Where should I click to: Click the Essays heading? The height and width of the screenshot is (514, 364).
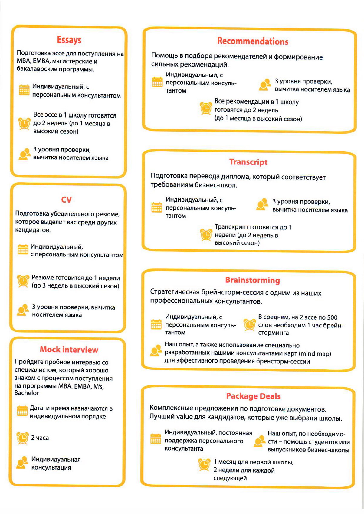[69, 40]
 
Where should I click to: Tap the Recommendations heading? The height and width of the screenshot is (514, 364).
[253, 41]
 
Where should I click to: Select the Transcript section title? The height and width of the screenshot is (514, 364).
[248, 162]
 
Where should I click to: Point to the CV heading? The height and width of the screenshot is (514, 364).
[67, 200]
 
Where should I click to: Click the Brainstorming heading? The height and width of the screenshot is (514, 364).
[252, 280]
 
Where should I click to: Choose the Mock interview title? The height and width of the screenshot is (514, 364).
[69, 350]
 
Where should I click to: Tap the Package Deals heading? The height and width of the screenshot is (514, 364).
[253, 396]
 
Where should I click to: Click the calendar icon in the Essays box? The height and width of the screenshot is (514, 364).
[24, 90]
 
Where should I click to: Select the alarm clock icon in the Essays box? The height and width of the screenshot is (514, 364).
[24, 123]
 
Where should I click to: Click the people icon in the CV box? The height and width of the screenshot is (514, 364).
[23, 310]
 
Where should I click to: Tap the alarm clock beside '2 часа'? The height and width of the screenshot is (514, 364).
[23, 438]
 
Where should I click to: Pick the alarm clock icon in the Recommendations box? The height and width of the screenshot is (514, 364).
[206, 108]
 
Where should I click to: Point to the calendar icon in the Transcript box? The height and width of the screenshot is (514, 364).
[157, 207]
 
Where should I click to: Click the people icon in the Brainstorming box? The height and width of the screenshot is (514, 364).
[156, 350]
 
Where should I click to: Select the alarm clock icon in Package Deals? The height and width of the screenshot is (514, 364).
[204, 464]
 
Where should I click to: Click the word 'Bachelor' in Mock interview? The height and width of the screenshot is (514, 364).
[27, 393]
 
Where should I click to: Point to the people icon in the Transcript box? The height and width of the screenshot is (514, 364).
[262, 205]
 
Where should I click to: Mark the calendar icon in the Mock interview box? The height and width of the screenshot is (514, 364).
[22, 411]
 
